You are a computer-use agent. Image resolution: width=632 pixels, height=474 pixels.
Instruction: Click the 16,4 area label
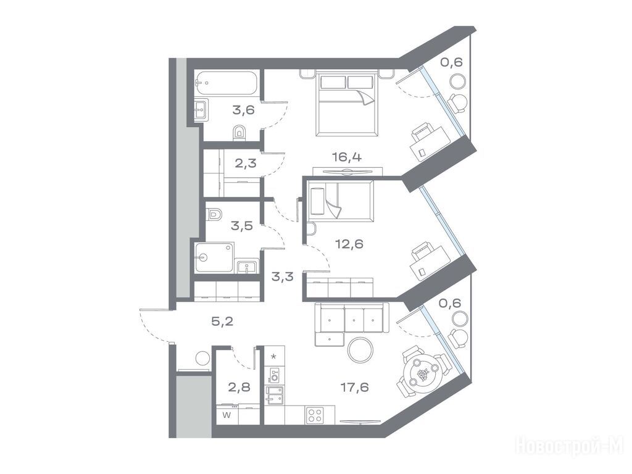pyautogui.click(x=347, y=157)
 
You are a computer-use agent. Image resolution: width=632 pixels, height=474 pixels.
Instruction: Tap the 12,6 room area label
pyautogui.click(x=349, y=244)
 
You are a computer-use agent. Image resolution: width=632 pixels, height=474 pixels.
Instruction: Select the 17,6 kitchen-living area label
pyautogui.click(x=355, y=388)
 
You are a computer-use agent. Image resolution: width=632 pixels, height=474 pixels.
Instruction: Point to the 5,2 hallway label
pyautogui.click(x=222, y=321)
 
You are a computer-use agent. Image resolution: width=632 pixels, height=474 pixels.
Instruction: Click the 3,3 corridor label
pyautogui.click(x=282, y=277)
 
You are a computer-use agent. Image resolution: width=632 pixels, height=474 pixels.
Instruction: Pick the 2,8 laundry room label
pyautogui.click(x=239, y=388)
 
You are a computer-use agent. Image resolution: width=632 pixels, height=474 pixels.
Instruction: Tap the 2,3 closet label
pyautogui.click(x=246, y=163)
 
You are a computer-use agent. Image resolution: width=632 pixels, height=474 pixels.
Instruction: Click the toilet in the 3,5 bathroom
pyautogui.click(x=214, y=214)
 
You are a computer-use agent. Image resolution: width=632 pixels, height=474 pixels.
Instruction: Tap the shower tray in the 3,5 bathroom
pyautogui.click(x=214, y=257)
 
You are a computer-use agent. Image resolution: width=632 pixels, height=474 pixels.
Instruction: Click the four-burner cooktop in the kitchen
pyautogui.click(x=314, y=415)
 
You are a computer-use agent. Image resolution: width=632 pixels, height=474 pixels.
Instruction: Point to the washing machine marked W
pyautogui.click(x=227, y=415)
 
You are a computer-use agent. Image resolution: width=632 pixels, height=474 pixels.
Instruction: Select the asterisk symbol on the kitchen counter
pyautogui.click(x=274, y=357)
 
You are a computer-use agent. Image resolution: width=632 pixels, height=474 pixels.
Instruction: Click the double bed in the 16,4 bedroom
pyautogui.click(x=347, y=104)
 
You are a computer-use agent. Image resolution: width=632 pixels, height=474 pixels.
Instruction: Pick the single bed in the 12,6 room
pyautogui.click(x=341, y=201)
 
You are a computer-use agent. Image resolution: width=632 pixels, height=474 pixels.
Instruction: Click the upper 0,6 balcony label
pyautogui.click(x=451, y=62)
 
